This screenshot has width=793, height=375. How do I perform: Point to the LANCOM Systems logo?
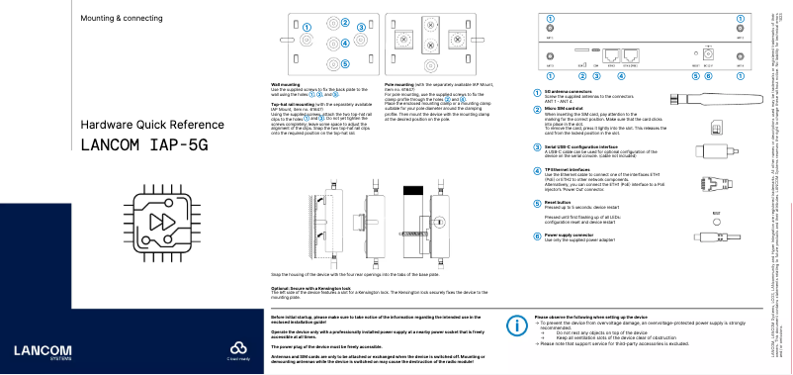[41, 352]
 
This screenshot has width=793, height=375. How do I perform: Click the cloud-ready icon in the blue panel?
[236, 348]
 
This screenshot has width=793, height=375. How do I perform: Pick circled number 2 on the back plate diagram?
[345, 22]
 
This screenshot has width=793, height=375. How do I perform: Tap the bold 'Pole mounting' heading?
[398, 86]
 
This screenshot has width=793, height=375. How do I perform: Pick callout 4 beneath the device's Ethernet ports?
[620, 75]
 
